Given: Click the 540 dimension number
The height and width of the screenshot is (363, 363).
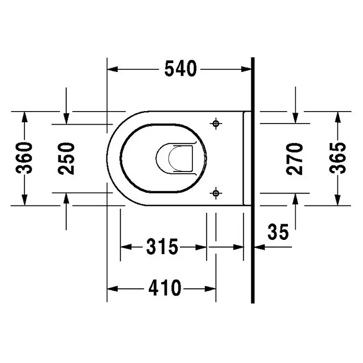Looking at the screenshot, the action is pyautogui.click(x=180, y=69).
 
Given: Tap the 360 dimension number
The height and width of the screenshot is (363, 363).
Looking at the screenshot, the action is pyautogui.click(x=25, y=158).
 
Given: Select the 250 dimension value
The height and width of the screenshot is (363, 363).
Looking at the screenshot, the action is pyautogui.click(x=66, y=159).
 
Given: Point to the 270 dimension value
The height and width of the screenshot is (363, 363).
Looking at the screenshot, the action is pyautogui.click(x=295, y=159).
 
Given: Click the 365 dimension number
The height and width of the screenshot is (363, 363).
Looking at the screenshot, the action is pyautogui.click(x=337, y=158).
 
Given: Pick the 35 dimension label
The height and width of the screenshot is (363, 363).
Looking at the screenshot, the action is pyautogui.click(x=278, y=232).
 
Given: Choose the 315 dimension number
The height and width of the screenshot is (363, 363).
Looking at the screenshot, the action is pyautogui.click(x=163, y=247).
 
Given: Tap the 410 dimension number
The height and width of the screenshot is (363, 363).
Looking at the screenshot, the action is pyautogui.click(x=165, y=288).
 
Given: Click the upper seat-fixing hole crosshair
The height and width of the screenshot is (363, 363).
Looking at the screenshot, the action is pyautogui.click(x=216, y=124).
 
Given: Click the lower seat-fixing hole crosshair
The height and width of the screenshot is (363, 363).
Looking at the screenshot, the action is pyautogui.click(x=216, y=193).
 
